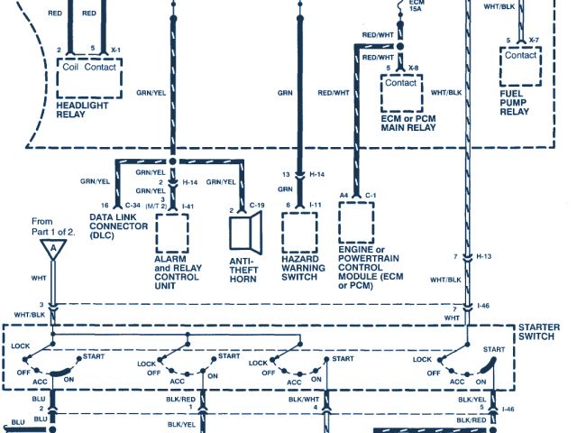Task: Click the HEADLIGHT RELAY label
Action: (x=82, y=110)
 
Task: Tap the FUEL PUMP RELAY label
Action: (x=517, y=100)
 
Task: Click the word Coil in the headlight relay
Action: (x=71, y=65)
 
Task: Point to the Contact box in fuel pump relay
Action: (x=520, y=55)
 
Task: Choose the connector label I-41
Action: (x=188, y=206)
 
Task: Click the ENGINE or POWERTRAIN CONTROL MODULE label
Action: (x=373, y=268)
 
